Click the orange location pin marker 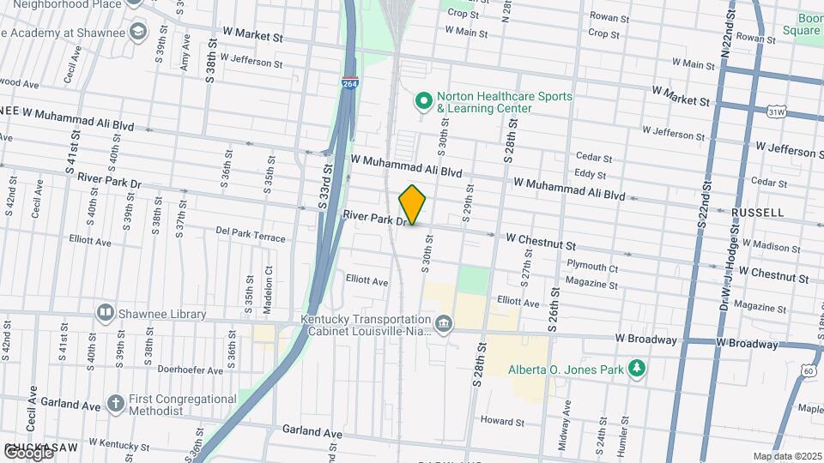[x=413, y=205]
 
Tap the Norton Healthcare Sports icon [x=422, y=102]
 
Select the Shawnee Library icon [x=106, y=313]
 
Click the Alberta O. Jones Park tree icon [x=636, y=369]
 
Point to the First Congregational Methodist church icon [x=116, y=402]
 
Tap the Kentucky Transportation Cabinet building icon [x=443, y=324]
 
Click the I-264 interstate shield [x=348, y=84]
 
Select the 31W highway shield [x=776, y=111]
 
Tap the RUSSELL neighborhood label [x=758, y=212]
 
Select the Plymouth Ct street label [x=592, y=267]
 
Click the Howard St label [x=502, y=421]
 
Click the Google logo [x=27, y=452]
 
